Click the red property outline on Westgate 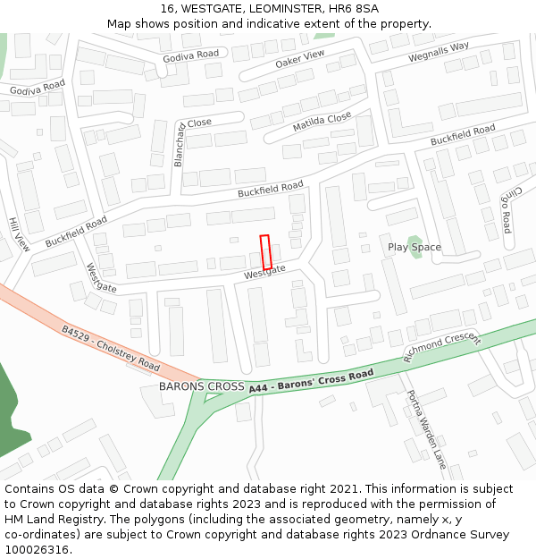tap(265, 251)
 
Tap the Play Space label tap(414, 247)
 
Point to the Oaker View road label tap(300, 60)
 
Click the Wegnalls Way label tap(439, 52)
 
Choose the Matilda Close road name tap(322, 123)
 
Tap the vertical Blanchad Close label tap(179, 144)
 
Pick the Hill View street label tap(19, 233)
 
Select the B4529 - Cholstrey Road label tap(111, 349)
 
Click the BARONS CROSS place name tap(201, 386)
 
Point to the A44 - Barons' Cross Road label tap(311, 381)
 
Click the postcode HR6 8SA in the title tap(354, 9)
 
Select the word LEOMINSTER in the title tap(275, 9)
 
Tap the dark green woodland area tap(11, 411)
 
